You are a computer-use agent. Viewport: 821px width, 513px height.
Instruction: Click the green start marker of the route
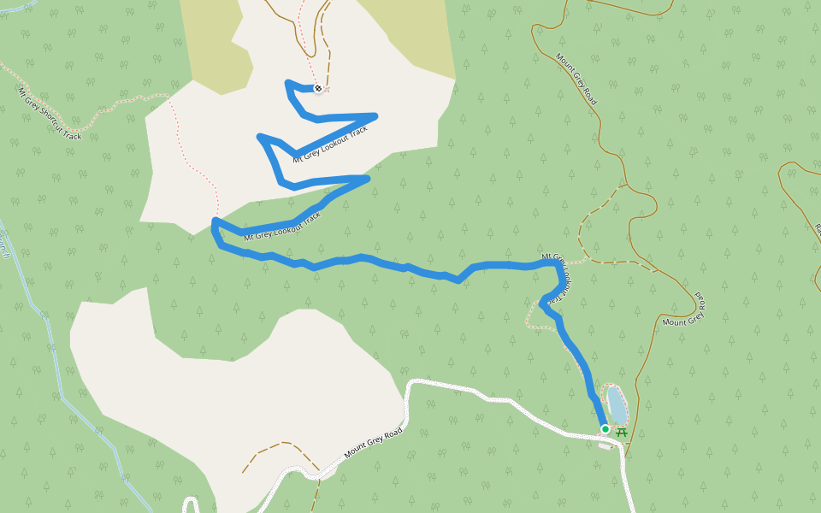(x=605, y=428)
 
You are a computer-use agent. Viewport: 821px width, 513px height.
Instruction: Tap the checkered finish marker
(x=318, y=89)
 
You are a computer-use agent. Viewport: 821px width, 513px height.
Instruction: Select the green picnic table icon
(x=622, y=433)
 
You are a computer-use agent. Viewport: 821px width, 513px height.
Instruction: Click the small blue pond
(x=616, y=404)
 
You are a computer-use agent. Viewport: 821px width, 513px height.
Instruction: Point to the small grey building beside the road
(x=605, y=445)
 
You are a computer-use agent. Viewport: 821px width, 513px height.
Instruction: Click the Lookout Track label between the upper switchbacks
(x=330, y=144)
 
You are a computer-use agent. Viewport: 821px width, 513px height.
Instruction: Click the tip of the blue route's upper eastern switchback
(x=374, y=115)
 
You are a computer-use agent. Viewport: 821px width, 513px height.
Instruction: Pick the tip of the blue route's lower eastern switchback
(x=367, y=178)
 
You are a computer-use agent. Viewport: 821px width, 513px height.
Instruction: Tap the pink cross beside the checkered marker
(x=327, y=89)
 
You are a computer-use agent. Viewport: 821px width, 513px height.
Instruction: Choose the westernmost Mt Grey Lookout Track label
(x=282, y=226)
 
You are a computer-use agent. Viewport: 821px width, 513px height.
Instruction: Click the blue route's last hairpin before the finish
(x=287, y=84)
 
